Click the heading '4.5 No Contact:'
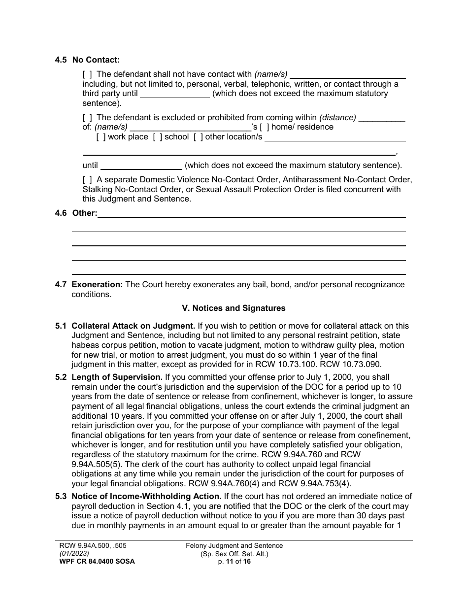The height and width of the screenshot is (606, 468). [87, 60]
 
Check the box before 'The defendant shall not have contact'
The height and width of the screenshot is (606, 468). [87, 74]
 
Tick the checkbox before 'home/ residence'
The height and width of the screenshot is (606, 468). [265, 127]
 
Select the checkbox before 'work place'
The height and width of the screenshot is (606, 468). [101, 137]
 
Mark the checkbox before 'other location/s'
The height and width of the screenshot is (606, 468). [198, 137]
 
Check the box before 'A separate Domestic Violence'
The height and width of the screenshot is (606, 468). [87, 180]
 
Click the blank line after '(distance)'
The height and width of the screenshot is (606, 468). [382, 118]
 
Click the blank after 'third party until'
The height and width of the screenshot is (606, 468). [175, 94]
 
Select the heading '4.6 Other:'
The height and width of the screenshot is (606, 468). [76, 213]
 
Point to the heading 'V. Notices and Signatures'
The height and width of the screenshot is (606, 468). [234, 308]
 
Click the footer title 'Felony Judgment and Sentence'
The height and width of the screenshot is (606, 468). [234, 545]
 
